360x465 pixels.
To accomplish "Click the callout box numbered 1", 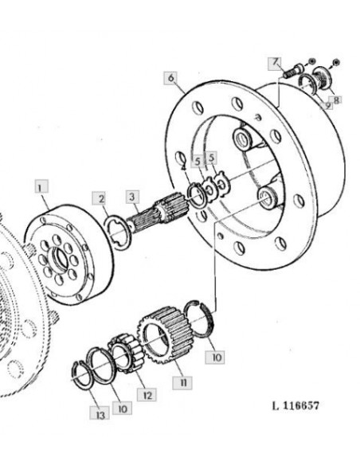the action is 41,186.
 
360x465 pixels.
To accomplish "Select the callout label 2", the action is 101,198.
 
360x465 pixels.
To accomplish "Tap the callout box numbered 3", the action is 132,197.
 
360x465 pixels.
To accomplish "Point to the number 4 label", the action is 184,168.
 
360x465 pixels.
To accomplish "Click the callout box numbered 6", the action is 171,78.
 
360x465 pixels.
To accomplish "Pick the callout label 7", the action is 276,64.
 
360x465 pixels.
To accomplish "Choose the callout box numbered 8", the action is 335,100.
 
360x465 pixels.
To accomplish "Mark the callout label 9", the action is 326,105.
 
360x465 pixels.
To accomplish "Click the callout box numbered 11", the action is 182,382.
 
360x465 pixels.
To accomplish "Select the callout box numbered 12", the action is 147,395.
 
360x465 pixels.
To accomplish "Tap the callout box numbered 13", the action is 100,412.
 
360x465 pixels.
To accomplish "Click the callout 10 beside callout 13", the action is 123,408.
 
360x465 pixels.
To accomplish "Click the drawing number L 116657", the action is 295,405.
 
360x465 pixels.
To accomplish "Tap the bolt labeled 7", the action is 293,71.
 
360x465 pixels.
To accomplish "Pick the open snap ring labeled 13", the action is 83,375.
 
